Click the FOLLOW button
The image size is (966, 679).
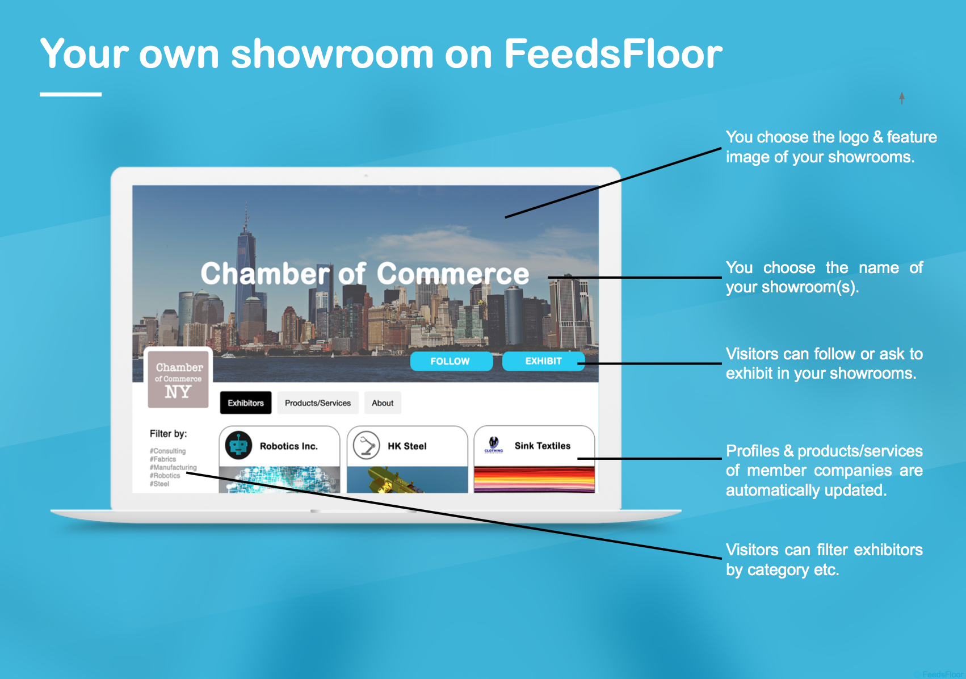[x=451, y=361]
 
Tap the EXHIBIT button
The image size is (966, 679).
[x=543, y=361]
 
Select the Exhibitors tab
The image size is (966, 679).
[x=246, y=403]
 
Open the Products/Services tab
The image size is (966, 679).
[x=318, y=403]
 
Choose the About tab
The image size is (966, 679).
[x=383, y=403]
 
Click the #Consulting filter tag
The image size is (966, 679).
[x=168, y=451]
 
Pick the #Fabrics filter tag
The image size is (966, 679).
[x=162, y=459]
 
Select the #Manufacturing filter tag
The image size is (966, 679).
[x=173, y=467]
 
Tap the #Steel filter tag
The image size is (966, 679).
[x=159, y=484]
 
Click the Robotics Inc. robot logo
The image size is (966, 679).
[x=238, y=445]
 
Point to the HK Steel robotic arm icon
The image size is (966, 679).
[x=367, y=445]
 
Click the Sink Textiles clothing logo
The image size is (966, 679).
[x=494, y=445]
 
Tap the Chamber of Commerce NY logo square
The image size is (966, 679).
[x=178, y=378]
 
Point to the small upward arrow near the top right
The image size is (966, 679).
[x=902, y=98]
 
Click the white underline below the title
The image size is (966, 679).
[x=71, y=94]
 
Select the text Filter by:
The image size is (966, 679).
[x=168, y=434]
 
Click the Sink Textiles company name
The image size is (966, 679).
[x=543, y=446]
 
